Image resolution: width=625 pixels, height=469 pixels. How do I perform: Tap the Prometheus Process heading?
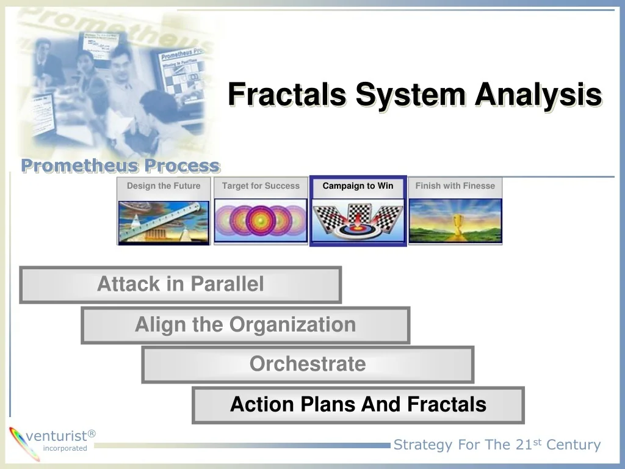(x=120, y=165)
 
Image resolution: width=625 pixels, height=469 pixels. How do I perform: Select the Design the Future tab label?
(x=164, y=186)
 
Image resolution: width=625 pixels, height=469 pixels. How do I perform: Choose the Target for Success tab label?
(x=261, y=186)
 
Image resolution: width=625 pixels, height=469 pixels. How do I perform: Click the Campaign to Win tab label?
(x=358, y=186)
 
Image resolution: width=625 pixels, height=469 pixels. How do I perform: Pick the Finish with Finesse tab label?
(x=455, y=186)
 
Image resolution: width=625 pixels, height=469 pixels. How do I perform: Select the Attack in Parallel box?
(x=181, y=285)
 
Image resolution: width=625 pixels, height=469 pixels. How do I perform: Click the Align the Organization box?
(x=245, y=325)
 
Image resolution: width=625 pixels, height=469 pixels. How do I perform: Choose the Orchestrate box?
(x=308, y=365)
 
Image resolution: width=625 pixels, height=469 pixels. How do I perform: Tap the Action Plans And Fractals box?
(x=358, y=405)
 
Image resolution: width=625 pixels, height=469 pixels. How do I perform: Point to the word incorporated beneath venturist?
(x=65, y=448)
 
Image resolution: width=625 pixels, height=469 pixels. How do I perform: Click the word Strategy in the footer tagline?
(x=423, y=445)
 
